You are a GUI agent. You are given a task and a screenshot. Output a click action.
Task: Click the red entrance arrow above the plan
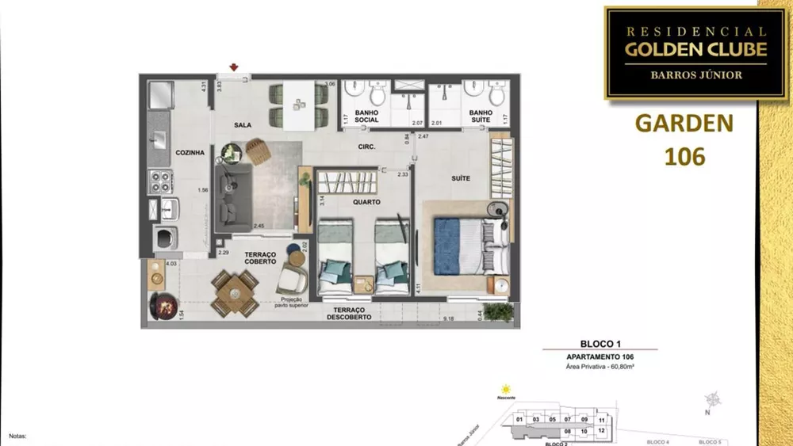(x=233, y=68)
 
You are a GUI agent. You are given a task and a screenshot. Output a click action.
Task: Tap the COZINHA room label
(x=190, y=153)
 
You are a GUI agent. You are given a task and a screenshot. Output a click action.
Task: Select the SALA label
(x=243, y=125)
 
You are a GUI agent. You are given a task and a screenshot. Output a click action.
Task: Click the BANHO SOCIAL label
(x=366, y=116)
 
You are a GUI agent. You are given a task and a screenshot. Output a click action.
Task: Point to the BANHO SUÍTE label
(x=481, y=116)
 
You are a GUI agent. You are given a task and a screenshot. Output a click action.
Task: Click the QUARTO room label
(x=367, y=202)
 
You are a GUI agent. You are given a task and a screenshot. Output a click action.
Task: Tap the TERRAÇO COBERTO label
(x=259, y=258)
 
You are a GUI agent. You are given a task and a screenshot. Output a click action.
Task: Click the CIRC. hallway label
(x=366, y=147)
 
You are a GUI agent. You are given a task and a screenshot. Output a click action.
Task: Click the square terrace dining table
(x=234, y=293)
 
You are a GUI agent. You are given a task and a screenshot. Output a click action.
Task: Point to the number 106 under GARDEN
(x=684, y=156)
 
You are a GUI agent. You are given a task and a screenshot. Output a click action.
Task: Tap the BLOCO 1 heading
(x=600, y=344)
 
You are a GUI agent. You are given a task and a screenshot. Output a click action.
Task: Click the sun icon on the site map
(x=504, y=388)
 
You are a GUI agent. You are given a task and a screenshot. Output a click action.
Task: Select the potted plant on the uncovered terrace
(x=498, y=311)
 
